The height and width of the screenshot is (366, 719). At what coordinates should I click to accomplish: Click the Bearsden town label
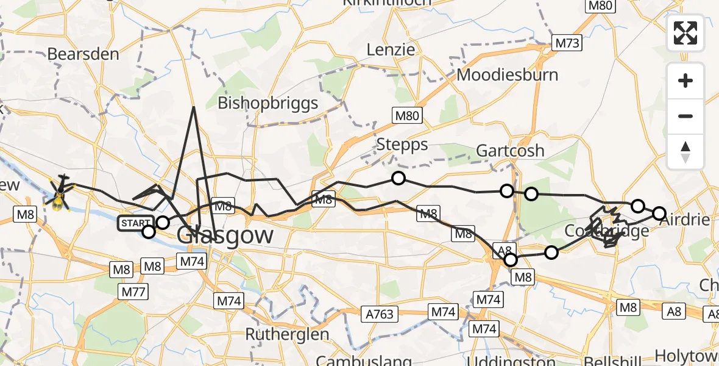click(83, 54)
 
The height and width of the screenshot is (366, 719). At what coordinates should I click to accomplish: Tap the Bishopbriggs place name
click(268, 102)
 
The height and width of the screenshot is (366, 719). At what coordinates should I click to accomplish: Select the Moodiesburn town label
click(508, 75)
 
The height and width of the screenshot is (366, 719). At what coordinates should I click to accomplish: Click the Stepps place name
click(402, 145)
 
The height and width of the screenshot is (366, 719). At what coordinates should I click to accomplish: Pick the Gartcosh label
click(510, 150)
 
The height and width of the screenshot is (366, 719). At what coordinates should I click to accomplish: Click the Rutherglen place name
click(287, 334)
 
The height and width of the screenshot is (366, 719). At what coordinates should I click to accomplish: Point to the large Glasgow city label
click(225, 235)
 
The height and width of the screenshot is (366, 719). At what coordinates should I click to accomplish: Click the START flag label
click(133, 223)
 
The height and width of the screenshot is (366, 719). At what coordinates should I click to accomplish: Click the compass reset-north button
click(685, 152)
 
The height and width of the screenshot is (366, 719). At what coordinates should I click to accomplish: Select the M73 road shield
click(567, 43)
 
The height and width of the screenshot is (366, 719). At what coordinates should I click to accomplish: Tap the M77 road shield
click(132, 292)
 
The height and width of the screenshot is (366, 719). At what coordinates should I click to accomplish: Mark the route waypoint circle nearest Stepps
click(398, 178)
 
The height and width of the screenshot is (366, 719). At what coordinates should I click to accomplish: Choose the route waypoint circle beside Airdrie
click(659, 213)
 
